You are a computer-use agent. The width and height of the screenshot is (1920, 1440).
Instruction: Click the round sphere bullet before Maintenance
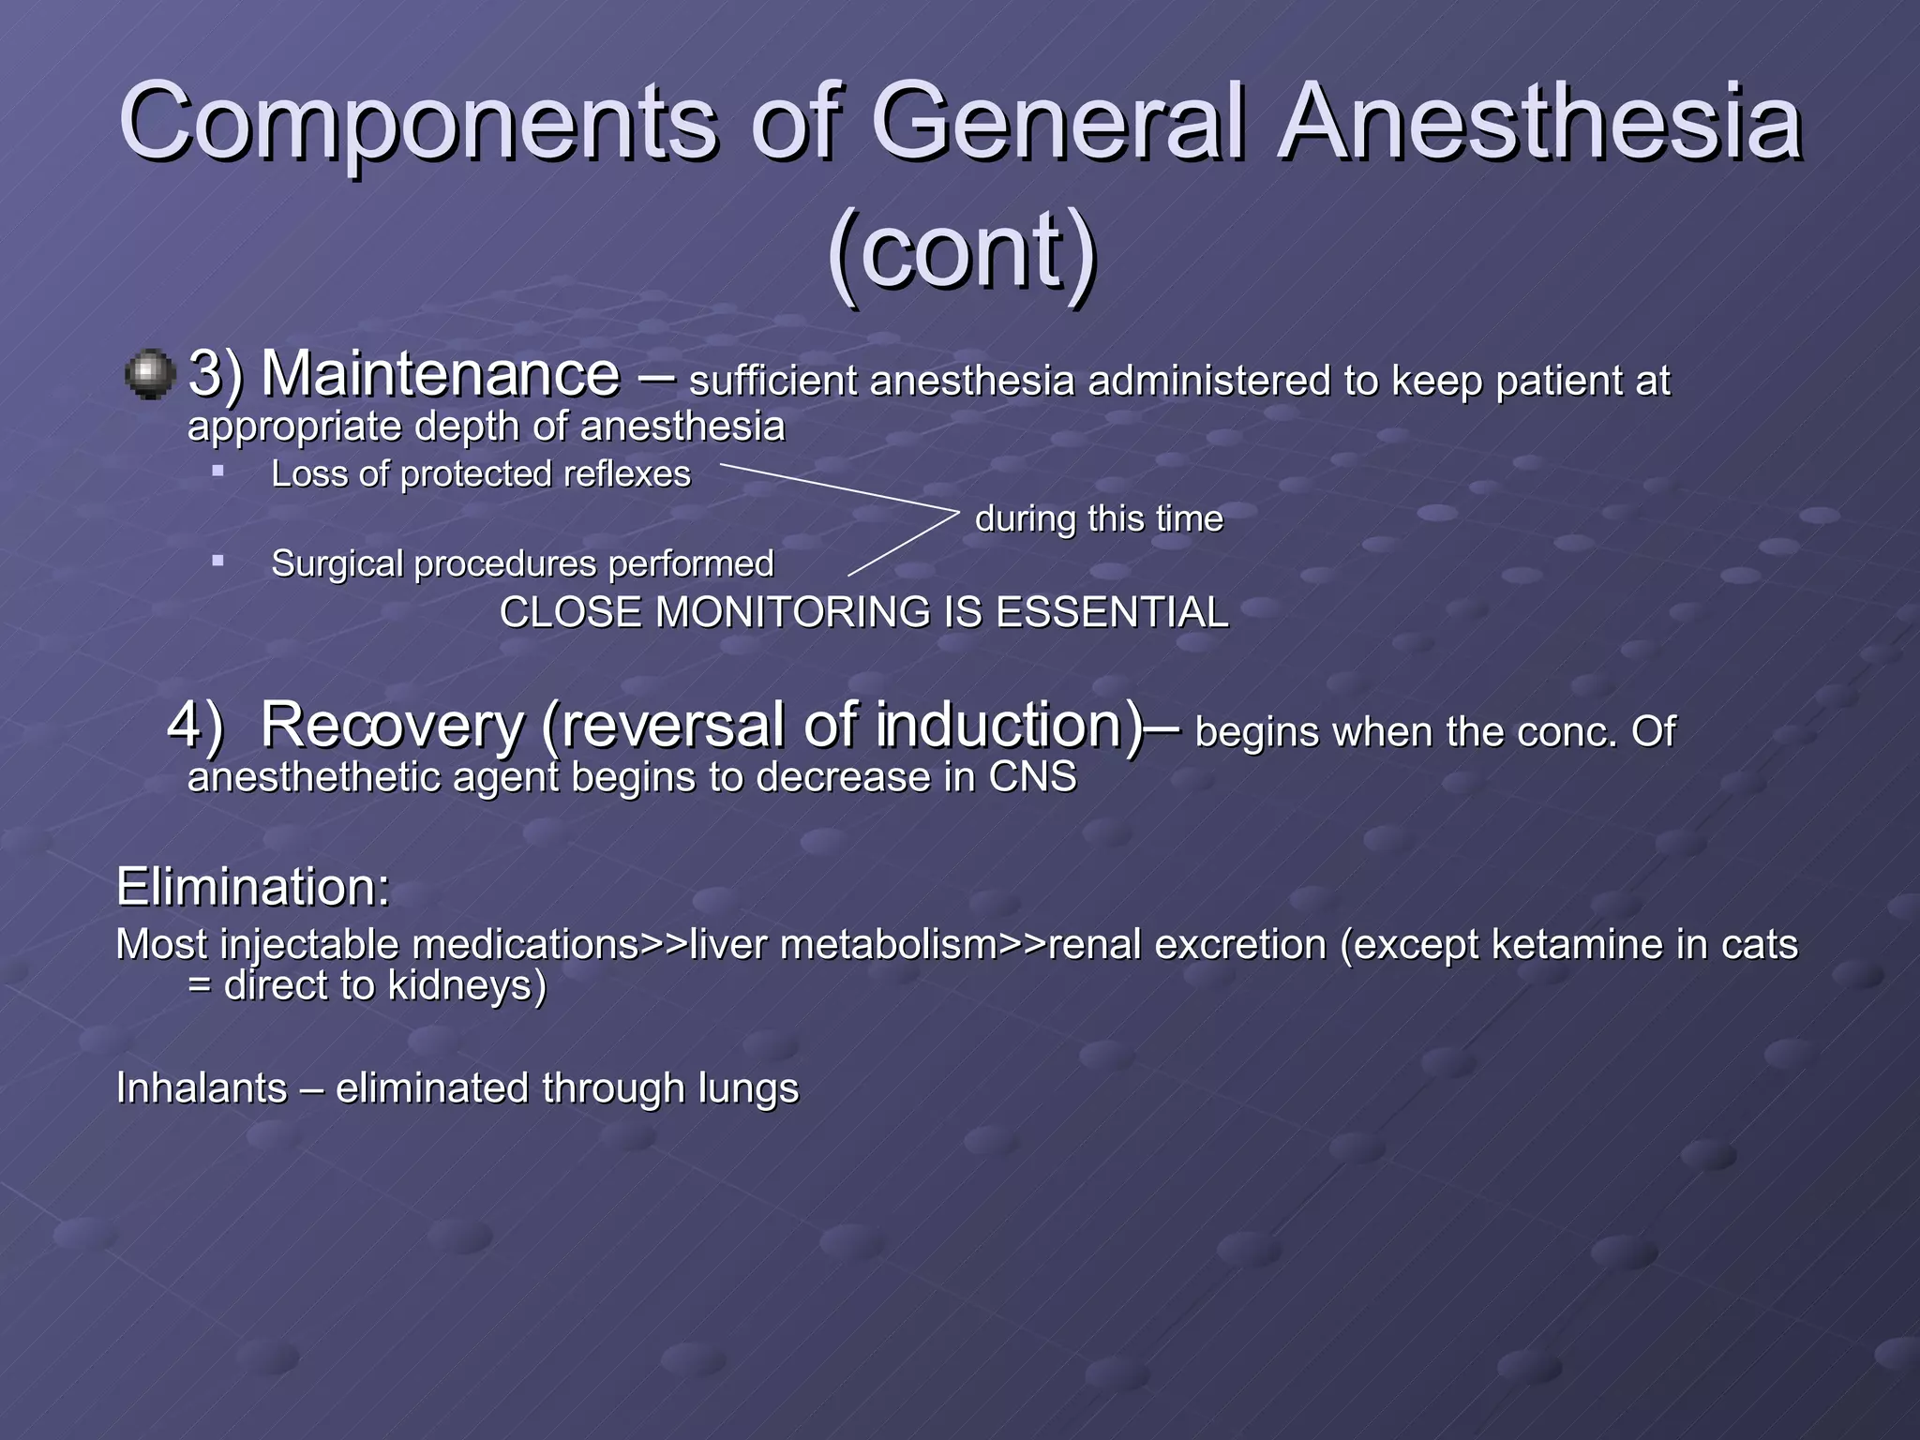pyautogui.click(x=149, y=375)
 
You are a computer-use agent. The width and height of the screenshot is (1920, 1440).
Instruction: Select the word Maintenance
pyautogui.click(x=440, y=375)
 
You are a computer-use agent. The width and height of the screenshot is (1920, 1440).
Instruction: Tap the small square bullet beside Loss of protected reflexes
pyautogui.click(x=217, y=471)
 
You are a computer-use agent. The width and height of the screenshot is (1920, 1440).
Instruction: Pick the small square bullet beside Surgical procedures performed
pyautogui.click(x=217, y=561)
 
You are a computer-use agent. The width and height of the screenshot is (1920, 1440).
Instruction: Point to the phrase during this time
pyautogui.click(x=1099, y=518)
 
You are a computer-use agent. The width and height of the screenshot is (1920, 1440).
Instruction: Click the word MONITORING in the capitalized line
pyautogui.click(x=793, y=613)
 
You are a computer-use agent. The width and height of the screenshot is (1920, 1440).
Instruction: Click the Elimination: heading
pyautogui.click(x=252, y=887)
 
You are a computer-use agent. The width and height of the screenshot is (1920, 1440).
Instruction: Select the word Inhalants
pyautogui.click(x=202, y=1088)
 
